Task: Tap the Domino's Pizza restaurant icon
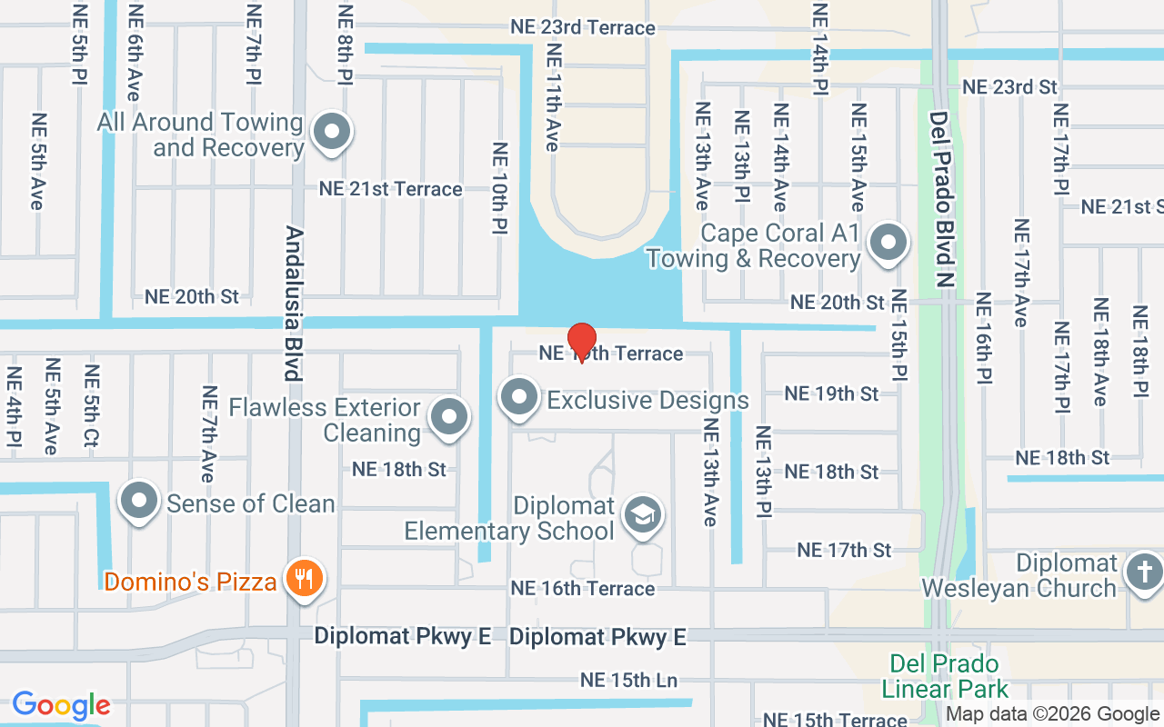pyautogui.click(x=303, y=578)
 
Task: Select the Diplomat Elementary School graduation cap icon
pyautogui.click(x=643, y=515)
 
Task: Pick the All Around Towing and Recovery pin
pyautogui.click(x=332, y=132)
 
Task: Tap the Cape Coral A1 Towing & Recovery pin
pyautogui.click(x=888, y=243)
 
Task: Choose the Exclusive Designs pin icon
pyautogui.click(x=520, y=397)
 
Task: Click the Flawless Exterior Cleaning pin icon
pyautogui.click(x=448, y=417)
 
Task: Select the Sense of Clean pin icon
pyautogui.click(x=140, y=501)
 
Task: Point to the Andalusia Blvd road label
pyautogui.click(x=293, y=304)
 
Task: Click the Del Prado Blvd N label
pyautogui.click(x=942, y=199)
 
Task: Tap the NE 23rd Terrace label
pyautogui.click(x=583, y=27)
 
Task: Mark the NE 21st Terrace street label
pyautogui.click(x=390, y=189)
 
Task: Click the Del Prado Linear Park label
pyautogui.click(x=945, y=676)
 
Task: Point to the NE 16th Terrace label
pyautogui.click(x=583, y=588)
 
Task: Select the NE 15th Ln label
pyautogui.click(x=629, y=680)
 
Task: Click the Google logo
pyautogui.click(x=61, y=705)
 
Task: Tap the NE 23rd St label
pyautogui.click(x=1009, y=87)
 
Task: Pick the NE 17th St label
pyautogui.click(x=844, y=550)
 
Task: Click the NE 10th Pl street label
pyautogui.click(x=499, y=190)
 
